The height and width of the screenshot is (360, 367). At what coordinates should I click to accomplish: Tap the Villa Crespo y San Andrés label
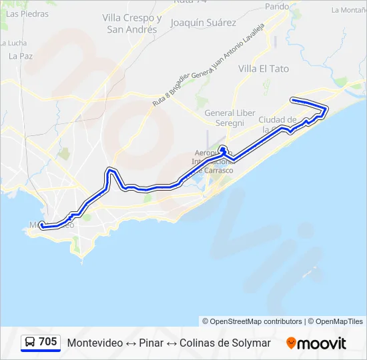132,24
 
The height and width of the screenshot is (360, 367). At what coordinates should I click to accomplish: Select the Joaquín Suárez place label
204,23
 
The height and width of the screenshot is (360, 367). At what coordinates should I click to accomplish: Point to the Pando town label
278,7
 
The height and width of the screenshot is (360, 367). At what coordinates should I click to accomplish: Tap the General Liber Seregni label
230,117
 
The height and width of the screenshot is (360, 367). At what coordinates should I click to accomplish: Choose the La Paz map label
21,56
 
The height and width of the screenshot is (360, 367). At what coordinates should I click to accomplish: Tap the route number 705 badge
47,342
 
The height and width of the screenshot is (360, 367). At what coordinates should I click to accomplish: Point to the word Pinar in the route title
151,343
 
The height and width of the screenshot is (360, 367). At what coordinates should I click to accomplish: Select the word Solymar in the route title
250,343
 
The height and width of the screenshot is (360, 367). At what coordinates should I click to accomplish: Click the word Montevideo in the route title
95,343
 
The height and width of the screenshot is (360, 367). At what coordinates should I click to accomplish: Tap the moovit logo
316,343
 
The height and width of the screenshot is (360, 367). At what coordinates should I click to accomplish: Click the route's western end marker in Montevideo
42,225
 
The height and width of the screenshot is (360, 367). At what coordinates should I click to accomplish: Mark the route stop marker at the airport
223,149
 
